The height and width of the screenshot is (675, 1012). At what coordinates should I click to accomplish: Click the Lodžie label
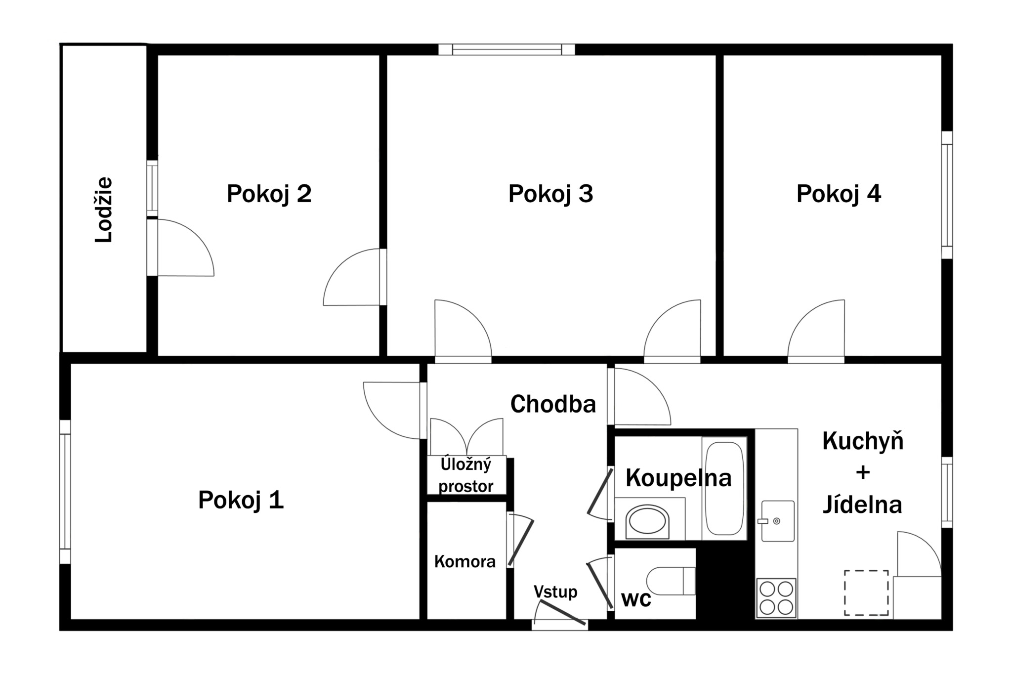coord(104,210)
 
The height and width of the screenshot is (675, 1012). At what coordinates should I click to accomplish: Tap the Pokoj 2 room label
coord(269,193)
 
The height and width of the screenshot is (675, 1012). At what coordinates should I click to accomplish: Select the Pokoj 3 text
coord(550,193)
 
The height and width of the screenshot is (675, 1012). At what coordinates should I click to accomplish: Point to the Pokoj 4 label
coord(839,193)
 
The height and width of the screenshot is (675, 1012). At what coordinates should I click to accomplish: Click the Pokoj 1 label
coord(241,500)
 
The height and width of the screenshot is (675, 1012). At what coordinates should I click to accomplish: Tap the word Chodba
coord(553,404)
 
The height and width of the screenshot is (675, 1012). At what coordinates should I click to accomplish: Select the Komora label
coord(464,561)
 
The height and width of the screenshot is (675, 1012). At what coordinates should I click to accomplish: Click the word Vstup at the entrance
coord(555,592)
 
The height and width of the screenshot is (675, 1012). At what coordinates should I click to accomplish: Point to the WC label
coord(636,599)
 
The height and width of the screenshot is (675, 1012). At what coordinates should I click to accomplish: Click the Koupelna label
coord(678,478)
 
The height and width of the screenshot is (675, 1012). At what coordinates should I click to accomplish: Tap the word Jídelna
coord(862,505)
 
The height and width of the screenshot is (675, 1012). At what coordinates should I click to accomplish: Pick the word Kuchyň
coord(863,440)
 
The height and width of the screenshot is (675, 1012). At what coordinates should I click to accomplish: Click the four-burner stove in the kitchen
coord(776,598)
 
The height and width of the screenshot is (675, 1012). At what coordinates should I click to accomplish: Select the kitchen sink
coord(778,521)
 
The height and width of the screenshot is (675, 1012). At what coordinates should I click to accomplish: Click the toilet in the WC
coord(671,581)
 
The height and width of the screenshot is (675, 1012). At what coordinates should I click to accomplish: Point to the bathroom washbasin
coord(647,521)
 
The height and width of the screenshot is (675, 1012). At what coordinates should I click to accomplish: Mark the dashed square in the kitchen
coord(866,593)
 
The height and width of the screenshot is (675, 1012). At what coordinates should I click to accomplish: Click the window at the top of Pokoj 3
coord(506,49)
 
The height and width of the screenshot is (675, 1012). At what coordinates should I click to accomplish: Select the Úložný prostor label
coord(466,475)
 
